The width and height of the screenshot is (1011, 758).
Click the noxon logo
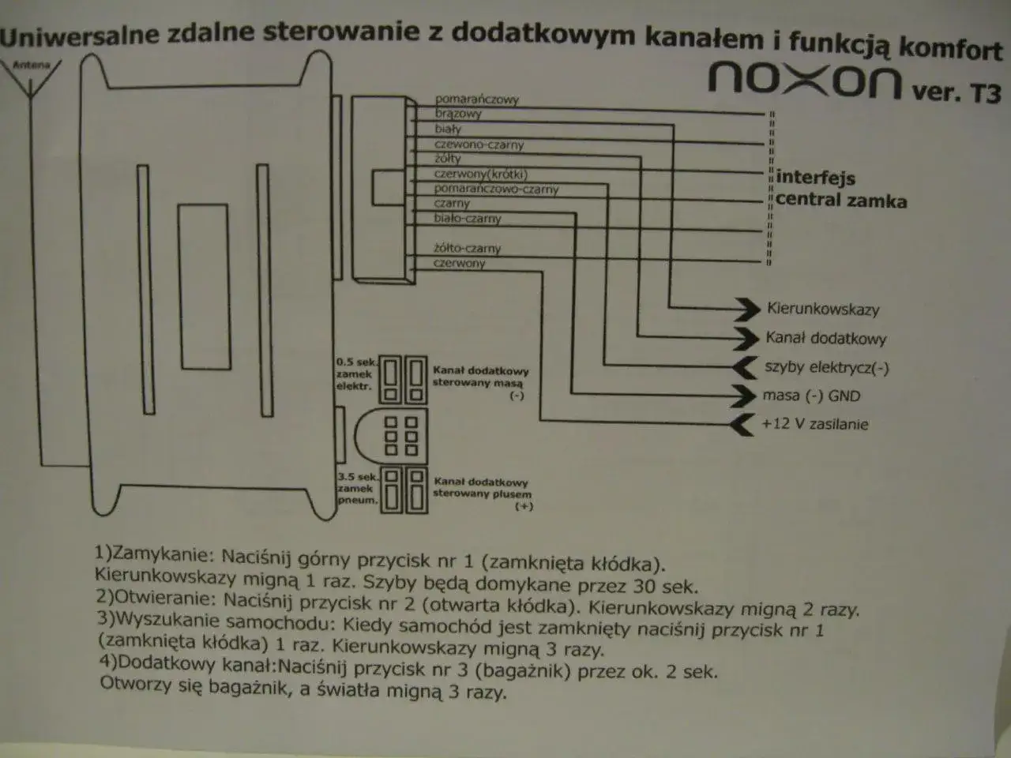(x=805, y=80)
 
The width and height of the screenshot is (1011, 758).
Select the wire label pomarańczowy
(x=476, y=99)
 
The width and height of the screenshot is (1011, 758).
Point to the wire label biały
(x=448, y=129)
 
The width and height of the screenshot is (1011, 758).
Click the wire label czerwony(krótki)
(x=480, y=174)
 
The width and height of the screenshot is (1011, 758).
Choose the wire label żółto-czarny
(x=467, y=248)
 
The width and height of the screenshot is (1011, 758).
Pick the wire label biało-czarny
(x=467, y=219)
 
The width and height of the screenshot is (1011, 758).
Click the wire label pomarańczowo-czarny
(x=495, y=189)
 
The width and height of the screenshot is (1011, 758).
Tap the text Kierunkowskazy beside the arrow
(x=822, y=310)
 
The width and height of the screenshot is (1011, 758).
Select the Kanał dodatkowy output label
(x=825, y=339)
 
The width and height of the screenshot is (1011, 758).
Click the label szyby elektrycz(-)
(x=826, y=367)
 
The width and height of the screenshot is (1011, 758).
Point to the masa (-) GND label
(x=811, y=396)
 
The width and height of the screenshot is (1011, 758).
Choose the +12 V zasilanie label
(x=814, y=424)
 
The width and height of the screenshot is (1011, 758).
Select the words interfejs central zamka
(x=840, y=189)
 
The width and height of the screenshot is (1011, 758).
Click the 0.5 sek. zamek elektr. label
(x=355, y=374)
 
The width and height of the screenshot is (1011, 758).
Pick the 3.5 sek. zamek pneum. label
(x=357, y=489)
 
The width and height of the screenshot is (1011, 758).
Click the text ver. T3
(x=956, y=92)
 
